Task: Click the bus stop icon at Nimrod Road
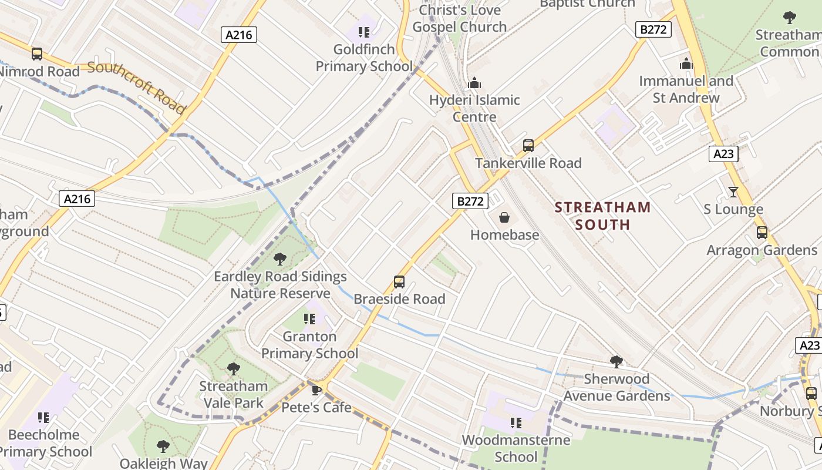tap(37, 54)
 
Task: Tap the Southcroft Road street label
tap(136, 88)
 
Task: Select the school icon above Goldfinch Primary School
tap(364, 32)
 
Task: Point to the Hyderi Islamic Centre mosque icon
tap(474, 83)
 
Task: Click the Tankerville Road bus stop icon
tap(528, 146)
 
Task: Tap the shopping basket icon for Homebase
tap(504, 218)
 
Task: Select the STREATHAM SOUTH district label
tap(602, 216)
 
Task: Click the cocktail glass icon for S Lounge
tap(733, 192)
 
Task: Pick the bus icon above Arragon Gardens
tap(762, 233)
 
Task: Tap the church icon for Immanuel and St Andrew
tap(686, 63)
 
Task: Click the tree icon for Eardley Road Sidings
tap(280, 259)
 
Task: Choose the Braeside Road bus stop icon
tap(399, 282)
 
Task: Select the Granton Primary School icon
tap(309, 319)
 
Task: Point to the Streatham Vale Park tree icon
tap(234, 369)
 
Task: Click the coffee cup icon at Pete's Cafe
tap(316, 390)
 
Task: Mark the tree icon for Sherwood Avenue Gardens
tap(616, 361)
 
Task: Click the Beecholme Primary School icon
tap(43, 418)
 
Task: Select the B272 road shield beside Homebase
tap(471, 202)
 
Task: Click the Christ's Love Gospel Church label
tap(459, 18)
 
